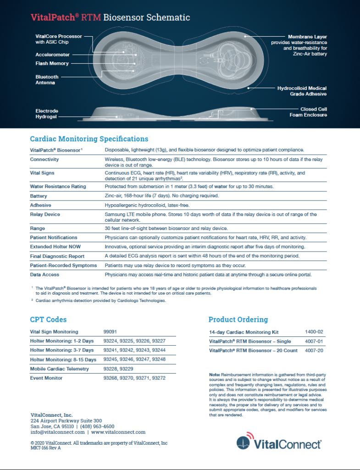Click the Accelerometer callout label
pos(52,54)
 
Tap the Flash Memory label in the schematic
pos(52,63)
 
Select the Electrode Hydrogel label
pos(47,114)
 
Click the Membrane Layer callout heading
pos(307,36)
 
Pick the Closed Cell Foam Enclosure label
pos(307,112)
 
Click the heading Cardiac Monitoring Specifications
pos(89,139)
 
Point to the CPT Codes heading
pos(48,319)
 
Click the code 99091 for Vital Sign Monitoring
pos(111,332)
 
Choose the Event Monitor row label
pos(46,378)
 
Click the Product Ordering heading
pos(238,319)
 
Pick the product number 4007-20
pos(314,351)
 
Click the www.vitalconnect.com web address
pos(118,432)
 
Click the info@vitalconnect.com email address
pos(57,432)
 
